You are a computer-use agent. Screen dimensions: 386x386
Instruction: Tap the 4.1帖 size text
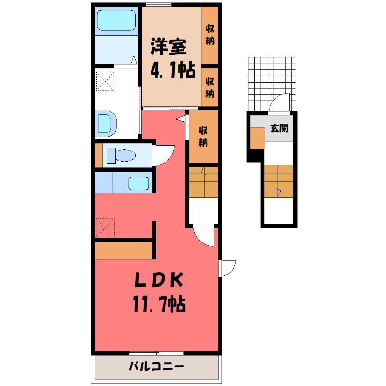coord(172,71)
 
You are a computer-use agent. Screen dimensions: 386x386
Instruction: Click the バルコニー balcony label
coord(156,367)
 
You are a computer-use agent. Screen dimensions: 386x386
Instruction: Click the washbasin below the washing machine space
coord(106,124)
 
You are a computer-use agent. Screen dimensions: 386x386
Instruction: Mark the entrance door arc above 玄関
coord(279,103)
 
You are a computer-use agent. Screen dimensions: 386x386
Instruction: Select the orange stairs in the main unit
coord(203,182)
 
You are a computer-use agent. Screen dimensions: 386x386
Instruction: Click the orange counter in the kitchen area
coord(124,250)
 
